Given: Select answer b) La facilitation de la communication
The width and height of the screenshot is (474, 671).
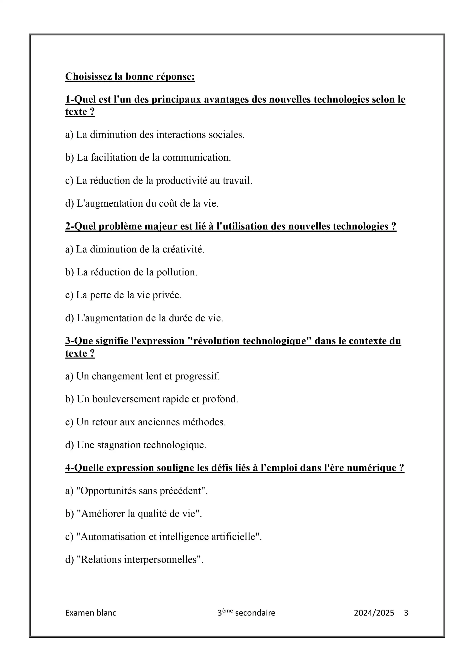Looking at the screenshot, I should pyautogui.click(x=148, y=158).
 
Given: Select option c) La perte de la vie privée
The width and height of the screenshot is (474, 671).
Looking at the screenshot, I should pyautogui.click(x=123, y=295).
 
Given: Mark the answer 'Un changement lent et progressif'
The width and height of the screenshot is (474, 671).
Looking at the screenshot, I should pyautogui.click(x=143, y=376).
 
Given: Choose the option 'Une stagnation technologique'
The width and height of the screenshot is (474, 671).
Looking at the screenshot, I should pyautogui.click(x=136, y=445).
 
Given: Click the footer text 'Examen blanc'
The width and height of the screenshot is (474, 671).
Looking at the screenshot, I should pyautogui.click(x=91, y=613).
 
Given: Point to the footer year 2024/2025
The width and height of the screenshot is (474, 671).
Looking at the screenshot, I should pyautogui.click(x=374, y=613).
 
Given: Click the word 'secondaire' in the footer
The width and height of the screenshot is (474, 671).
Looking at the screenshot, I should pyautogui.click(x=255, y=613).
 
